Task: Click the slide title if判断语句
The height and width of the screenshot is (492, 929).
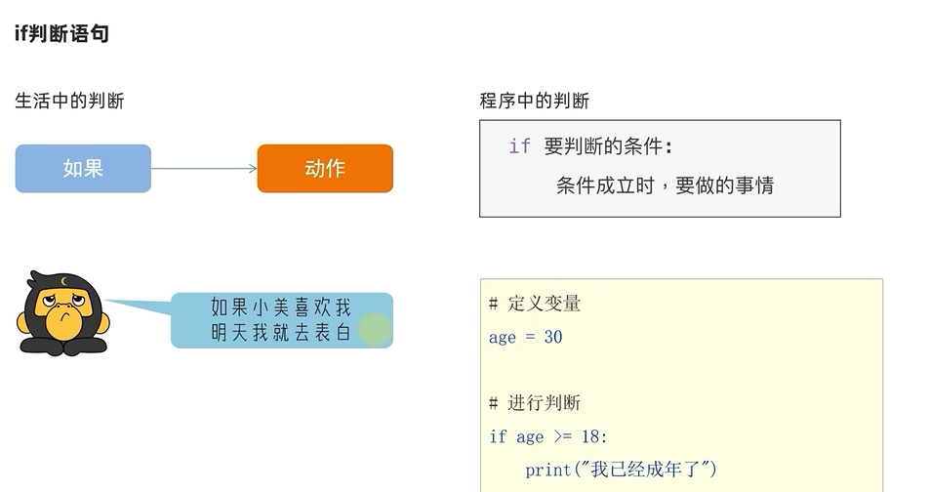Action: point(61,34)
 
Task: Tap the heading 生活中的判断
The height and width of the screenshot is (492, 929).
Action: point(69,101)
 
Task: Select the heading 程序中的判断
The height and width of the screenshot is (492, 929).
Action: point(535,101)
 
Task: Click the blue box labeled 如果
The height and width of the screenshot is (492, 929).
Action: point(83,168)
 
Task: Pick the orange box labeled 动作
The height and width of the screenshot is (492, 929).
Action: point(325,168)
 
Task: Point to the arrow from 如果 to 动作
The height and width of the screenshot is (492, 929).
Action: point(204,168)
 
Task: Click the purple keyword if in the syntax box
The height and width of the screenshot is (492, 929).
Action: point(519,146)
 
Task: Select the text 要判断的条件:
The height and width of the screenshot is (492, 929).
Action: point(609,146)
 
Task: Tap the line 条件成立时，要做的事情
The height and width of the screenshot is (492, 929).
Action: point(665,185)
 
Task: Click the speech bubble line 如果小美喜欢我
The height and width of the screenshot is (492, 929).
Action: point(280,307)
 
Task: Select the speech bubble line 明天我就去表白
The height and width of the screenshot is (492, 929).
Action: point(280,333)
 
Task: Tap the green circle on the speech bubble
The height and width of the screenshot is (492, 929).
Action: point(374,330)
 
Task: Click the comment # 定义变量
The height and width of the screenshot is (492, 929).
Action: point(535,304)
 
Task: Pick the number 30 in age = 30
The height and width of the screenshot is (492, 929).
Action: point(553,337)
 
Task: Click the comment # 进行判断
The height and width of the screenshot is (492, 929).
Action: point(535,403)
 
